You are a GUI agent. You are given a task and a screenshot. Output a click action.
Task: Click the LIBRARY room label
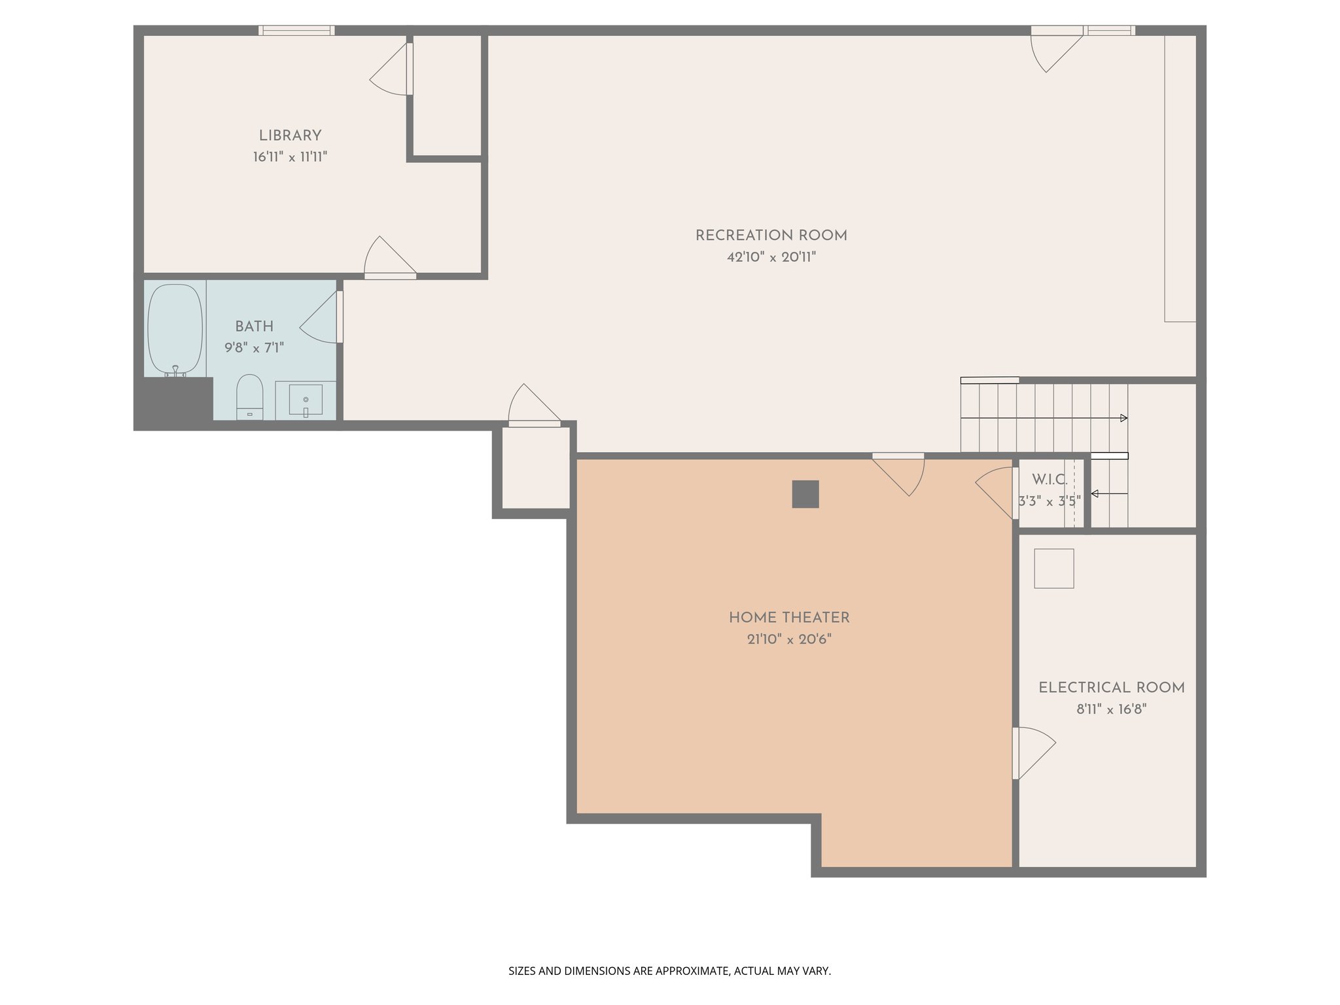[x=290, y=136]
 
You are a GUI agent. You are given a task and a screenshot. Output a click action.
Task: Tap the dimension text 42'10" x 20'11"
[x=771, y=257]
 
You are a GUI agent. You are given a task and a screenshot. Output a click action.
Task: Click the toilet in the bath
[x=249, y=397]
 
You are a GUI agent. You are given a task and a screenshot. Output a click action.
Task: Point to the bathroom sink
[x=306, y=400]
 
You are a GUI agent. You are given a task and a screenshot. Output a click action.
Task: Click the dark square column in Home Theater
[x=805, y=494]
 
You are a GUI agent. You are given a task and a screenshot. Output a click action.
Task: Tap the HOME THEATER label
[x=789, y=618]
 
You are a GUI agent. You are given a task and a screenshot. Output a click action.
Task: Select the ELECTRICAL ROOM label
[x=1111, y=688]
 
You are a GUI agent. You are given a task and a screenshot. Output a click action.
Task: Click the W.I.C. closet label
[x=1049, y=480]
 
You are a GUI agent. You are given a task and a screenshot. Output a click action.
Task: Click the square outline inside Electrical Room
[x=1053, y=568]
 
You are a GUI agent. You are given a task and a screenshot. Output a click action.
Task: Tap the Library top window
[x=296, y=30]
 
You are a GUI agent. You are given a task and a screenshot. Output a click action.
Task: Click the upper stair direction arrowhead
[x=1123, y=418]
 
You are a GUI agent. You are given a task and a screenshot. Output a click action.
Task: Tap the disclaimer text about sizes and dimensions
[x=669, y=971]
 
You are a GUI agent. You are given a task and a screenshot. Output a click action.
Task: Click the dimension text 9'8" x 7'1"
[x=254, y=347]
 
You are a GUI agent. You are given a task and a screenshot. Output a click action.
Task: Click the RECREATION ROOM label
[x=771, y=236]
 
